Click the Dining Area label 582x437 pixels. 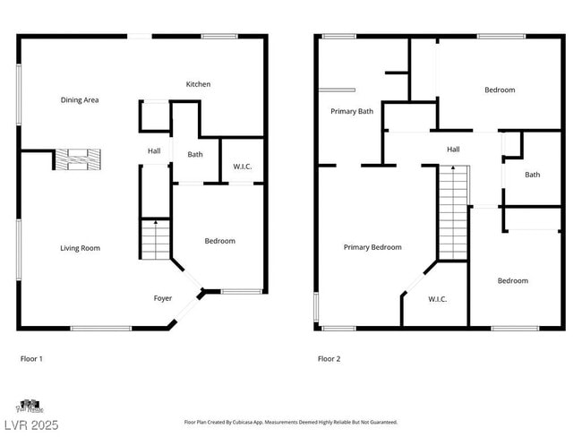point(80,100)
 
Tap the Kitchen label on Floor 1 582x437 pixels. point(198,84)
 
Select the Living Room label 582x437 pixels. point(80,248)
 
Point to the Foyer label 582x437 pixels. point(163,298)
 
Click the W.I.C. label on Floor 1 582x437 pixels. point(242,166)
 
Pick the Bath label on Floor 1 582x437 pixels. point(195,154)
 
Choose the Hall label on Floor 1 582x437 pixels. point(154,150)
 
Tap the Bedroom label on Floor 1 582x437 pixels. point(219,241)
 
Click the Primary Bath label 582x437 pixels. point(352,112)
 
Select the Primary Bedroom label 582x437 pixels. point(372,247)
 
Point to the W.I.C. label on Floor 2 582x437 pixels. point(437,299)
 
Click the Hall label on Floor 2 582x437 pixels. point(453,150)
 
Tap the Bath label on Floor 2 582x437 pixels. point(532,175)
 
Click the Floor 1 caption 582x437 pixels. point(31,359)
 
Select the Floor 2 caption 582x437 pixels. point(329,359)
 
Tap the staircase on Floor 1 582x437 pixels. point(155,240)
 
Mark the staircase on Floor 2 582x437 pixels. point(453,213)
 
